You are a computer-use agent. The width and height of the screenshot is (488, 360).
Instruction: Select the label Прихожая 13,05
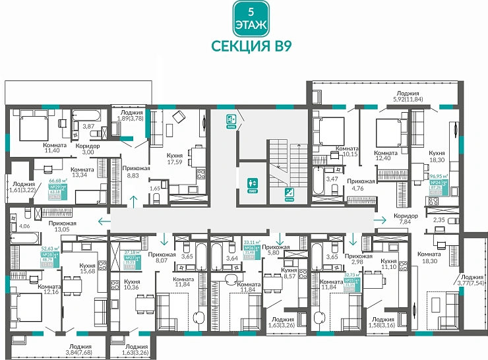pyautogui.click(x=61, y=226)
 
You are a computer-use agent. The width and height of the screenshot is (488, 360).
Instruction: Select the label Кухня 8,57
pyautogui.click(x=288, y=274)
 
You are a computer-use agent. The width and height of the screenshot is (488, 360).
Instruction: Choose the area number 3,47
pyautogui.click(x=332, y=178)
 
